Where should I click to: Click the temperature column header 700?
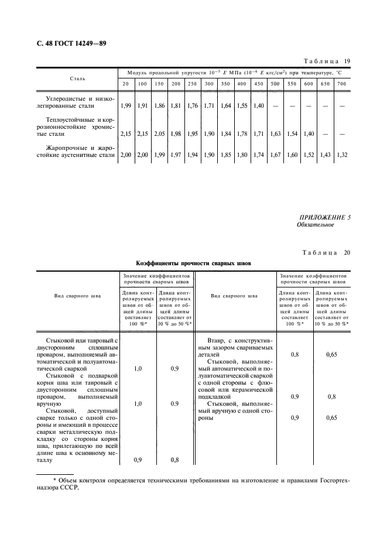pos(342,84)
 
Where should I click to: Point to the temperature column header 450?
pos(258,84)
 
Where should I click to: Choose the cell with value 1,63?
pos(275,134)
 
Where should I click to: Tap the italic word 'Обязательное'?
pos(315,224)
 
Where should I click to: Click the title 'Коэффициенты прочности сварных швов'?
pos(193,263)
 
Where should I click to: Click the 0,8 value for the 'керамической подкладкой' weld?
pos(331,396)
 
